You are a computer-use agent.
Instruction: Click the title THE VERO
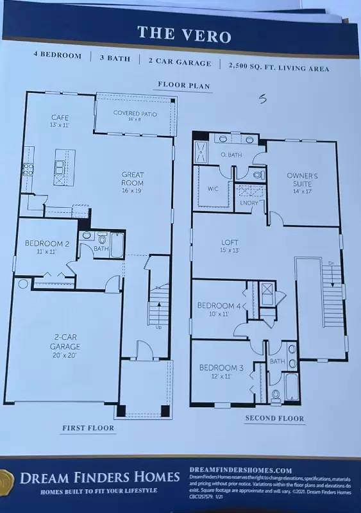(x=184, y=36)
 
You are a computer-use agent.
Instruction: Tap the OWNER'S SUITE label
(x=302, y=180)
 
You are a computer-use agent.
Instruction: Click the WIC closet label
(x=214, y=189)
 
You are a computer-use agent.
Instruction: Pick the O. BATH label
(x=231, y=155)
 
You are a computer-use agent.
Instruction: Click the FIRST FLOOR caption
(x=88, y=428)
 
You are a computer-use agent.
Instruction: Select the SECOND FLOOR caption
(x=274, y=419)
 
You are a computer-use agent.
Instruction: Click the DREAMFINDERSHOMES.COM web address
(x=241, y=470)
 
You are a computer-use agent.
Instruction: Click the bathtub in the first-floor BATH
(x=117, y=245)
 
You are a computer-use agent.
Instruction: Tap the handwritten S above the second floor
(x=262, y=99)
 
